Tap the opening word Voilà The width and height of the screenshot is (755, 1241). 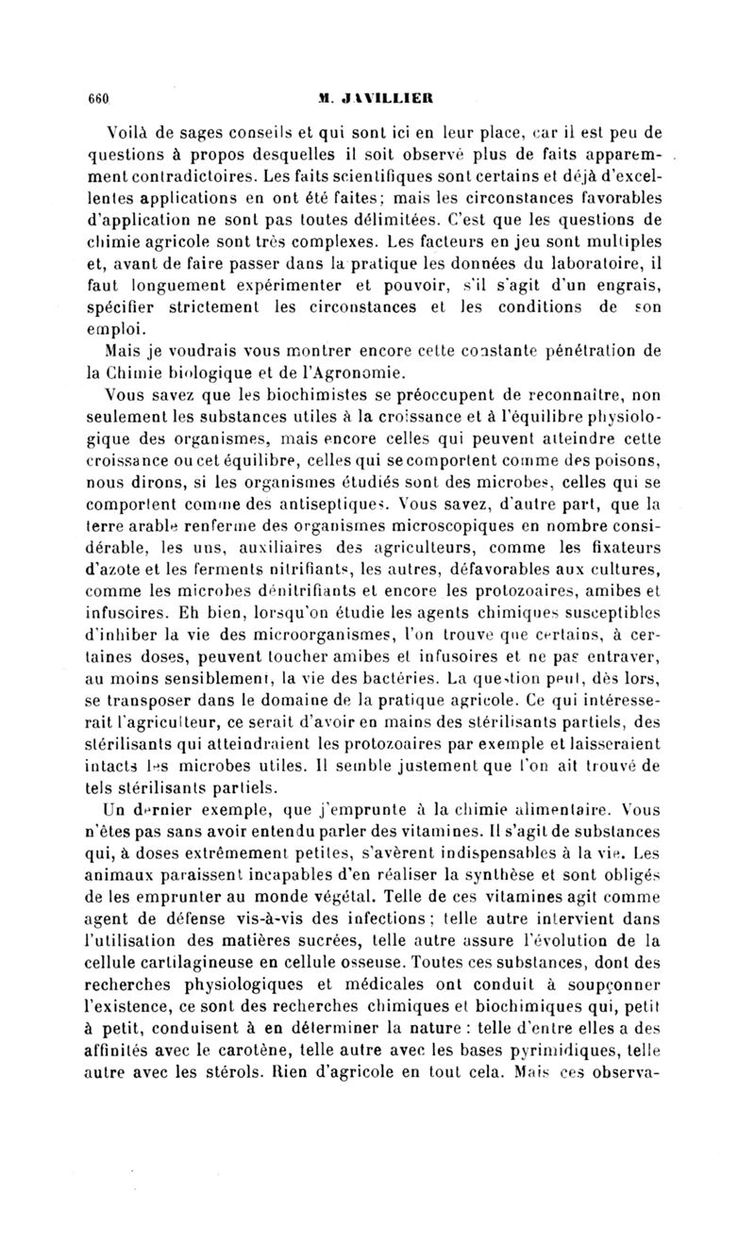[130, 131]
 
